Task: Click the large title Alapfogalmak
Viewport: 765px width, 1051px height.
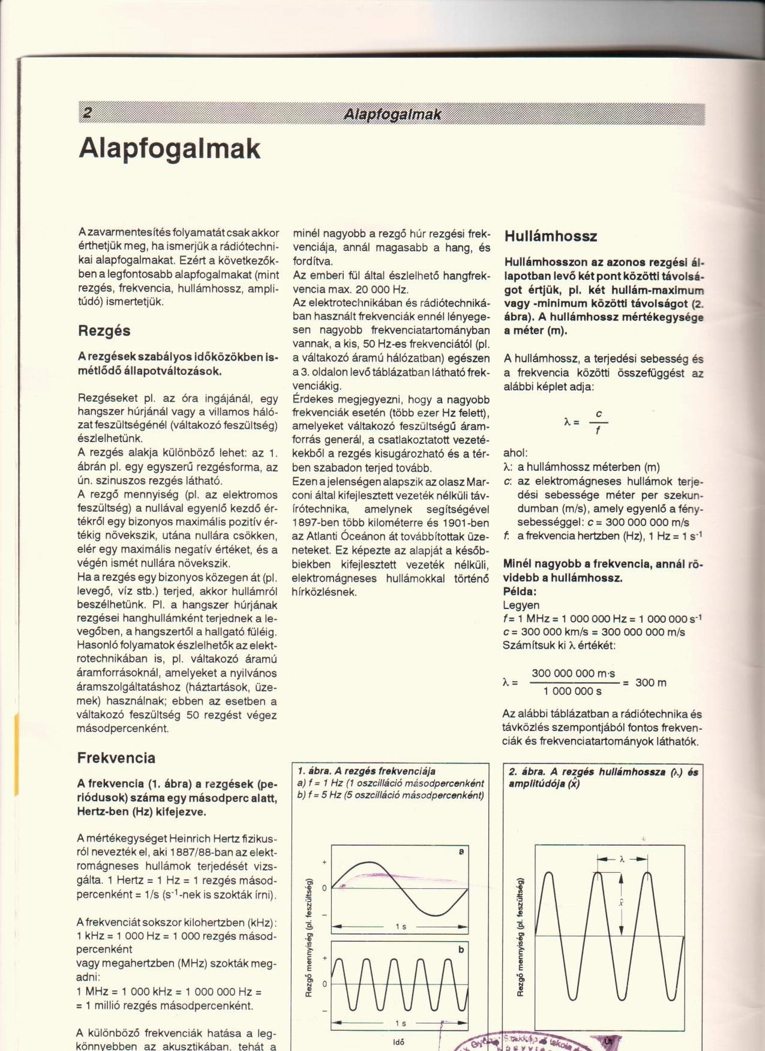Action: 170,149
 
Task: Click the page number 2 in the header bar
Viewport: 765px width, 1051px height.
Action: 87,113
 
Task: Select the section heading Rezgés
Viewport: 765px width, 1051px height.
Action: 104,331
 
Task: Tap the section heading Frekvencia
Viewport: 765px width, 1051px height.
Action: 116,758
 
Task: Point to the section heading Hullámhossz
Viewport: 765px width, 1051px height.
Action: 551,236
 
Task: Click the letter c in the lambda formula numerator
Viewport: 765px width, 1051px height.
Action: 599,414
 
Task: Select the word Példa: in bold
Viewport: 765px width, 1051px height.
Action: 520,591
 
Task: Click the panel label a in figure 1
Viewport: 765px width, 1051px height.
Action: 461,852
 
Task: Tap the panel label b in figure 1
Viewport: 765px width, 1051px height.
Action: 461,950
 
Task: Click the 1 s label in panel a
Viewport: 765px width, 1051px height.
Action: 401,927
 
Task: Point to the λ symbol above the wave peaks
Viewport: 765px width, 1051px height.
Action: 622,859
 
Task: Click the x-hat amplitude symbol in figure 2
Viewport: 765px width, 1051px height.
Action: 621,903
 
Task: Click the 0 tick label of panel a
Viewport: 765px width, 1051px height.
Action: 324,888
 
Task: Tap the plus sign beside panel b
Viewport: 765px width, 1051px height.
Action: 325,958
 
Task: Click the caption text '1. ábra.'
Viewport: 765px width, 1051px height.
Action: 314,771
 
